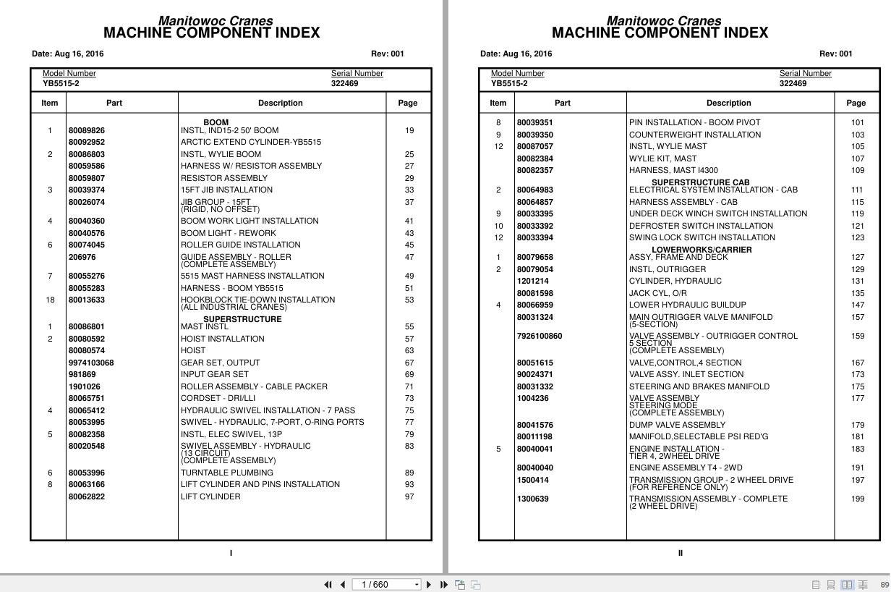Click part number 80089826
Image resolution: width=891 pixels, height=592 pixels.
click(x=87, y=130)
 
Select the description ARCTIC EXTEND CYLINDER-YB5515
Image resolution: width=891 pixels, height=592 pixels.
click(x=250, y=143)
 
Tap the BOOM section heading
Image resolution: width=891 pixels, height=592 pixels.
click(x=216, y=122)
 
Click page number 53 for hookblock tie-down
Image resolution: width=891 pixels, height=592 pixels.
click(x=409, y=300)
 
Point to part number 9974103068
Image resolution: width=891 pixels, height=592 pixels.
click(x=91, y=363)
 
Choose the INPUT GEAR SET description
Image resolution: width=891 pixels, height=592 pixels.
click(x=214, y=375)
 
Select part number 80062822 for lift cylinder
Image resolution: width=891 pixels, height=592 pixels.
click(x=87, y=496)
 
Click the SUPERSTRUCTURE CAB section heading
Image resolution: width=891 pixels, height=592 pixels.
click(x=700, y=182)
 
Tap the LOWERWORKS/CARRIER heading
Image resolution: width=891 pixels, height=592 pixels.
click(x=702, y=250)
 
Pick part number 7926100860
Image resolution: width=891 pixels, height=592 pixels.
click(x=540, y=336)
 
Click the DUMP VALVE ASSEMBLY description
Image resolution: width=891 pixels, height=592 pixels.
click(x=677, y=425)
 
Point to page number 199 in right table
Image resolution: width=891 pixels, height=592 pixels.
click(x=858, y=499)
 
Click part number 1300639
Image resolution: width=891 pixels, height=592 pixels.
click(x=533, y=499)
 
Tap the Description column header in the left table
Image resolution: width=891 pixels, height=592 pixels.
click(x=281, y=103)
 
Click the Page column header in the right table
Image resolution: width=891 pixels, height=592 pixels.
click(x=856, y=103)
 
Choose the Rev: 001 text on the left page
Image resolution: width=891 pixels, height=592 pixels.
click(x=388, y=54)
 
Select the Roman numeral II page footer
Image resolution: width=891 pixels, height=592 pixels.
click(x=681, y=553)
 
